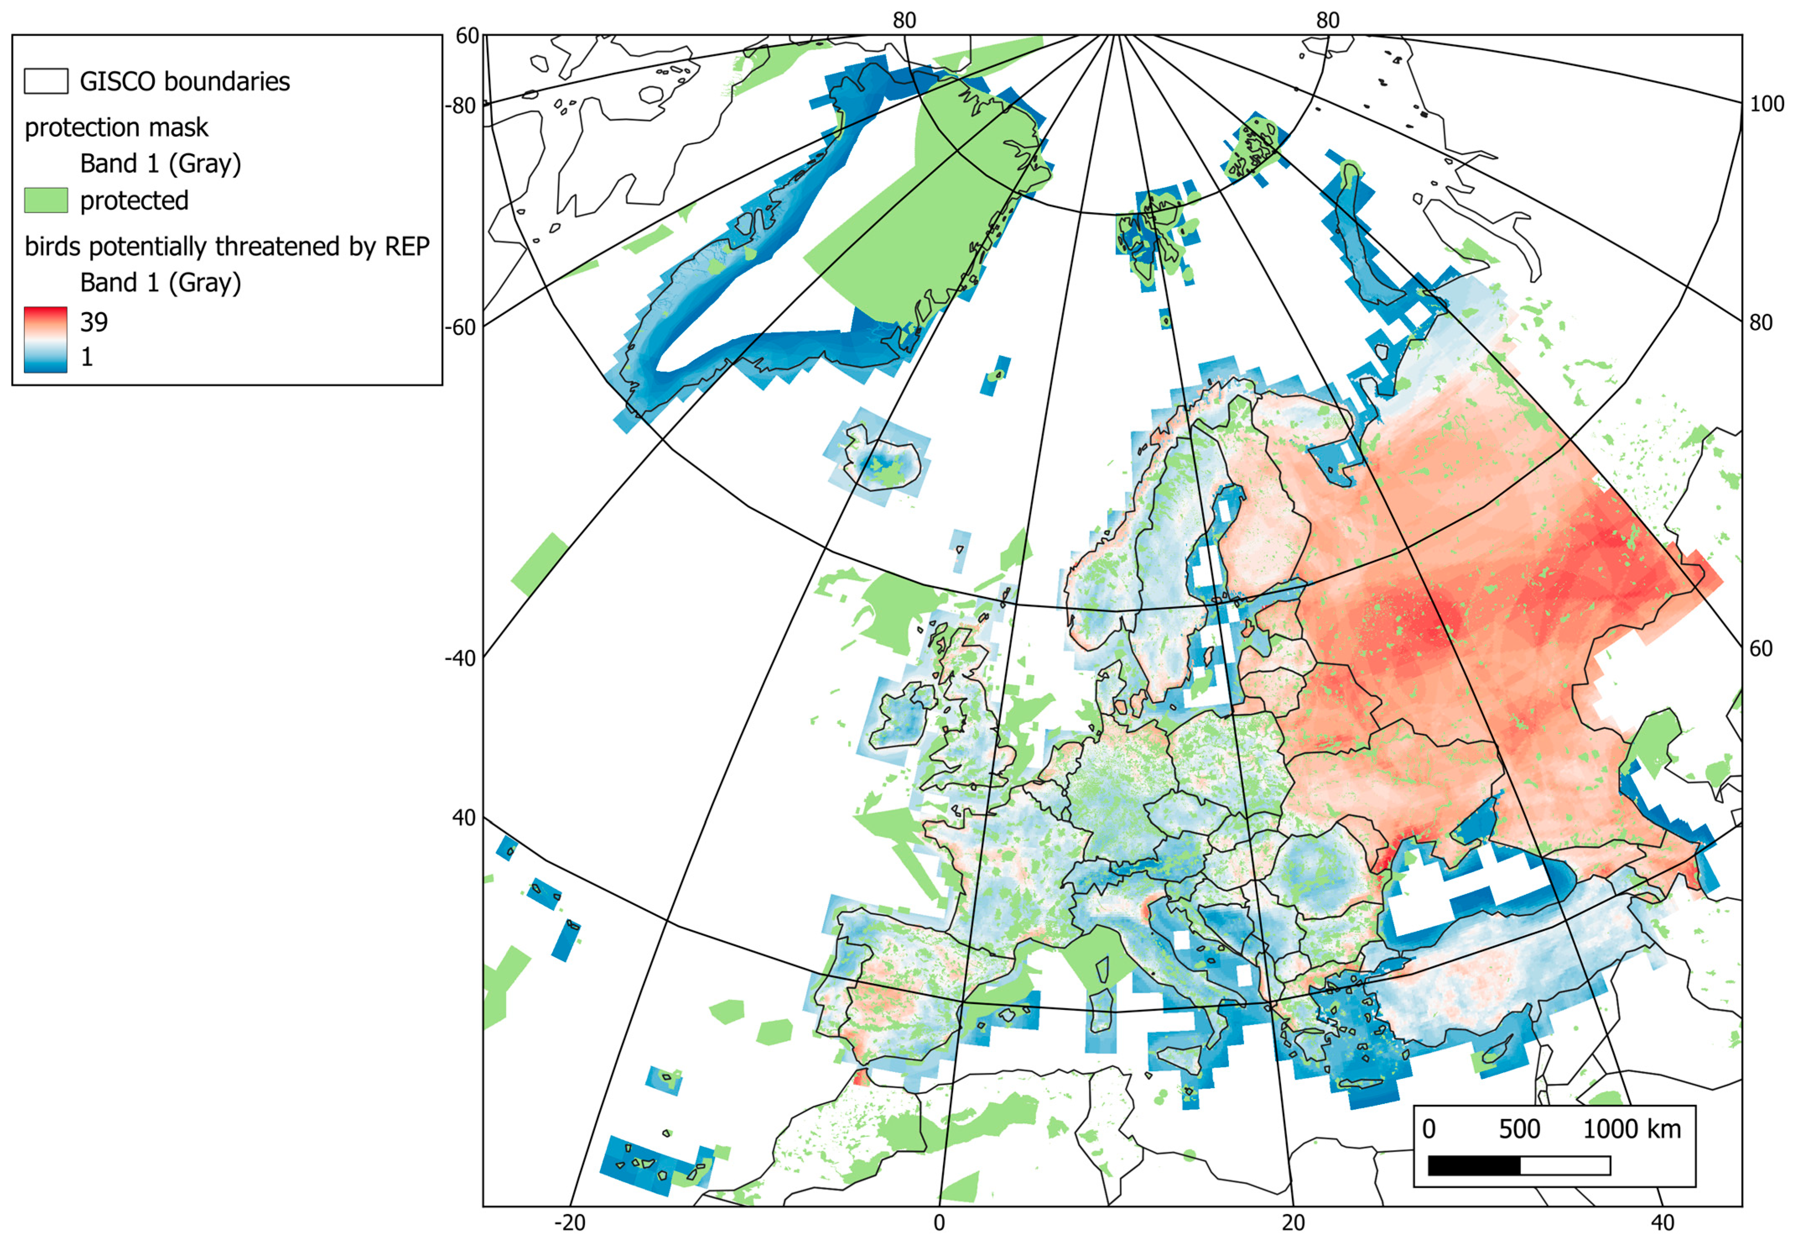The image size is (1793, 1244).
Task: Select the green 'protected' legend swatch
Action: tap(45, 200)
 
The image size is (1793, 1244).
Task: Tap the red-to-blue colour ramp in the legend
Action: tap(45, 339)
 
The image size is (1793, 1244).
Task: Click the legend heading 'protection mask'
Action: tap(116, 127)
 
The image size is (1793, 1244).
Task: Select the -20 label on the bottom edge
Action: tap(569, 1222)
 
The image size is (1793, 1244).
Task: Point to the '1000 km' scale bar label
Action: tap(1632, 1130)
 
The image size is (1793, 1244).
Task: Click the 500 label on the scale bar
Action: tap(1519, 1130)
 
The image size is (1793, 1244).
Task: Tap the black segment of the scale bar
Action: tap(1474, 1165)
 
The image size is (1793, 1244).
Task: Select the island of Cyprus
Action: tap(1493, 1053)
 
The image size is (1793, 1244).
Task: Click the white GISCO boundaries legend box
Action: tap(45, 81)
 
